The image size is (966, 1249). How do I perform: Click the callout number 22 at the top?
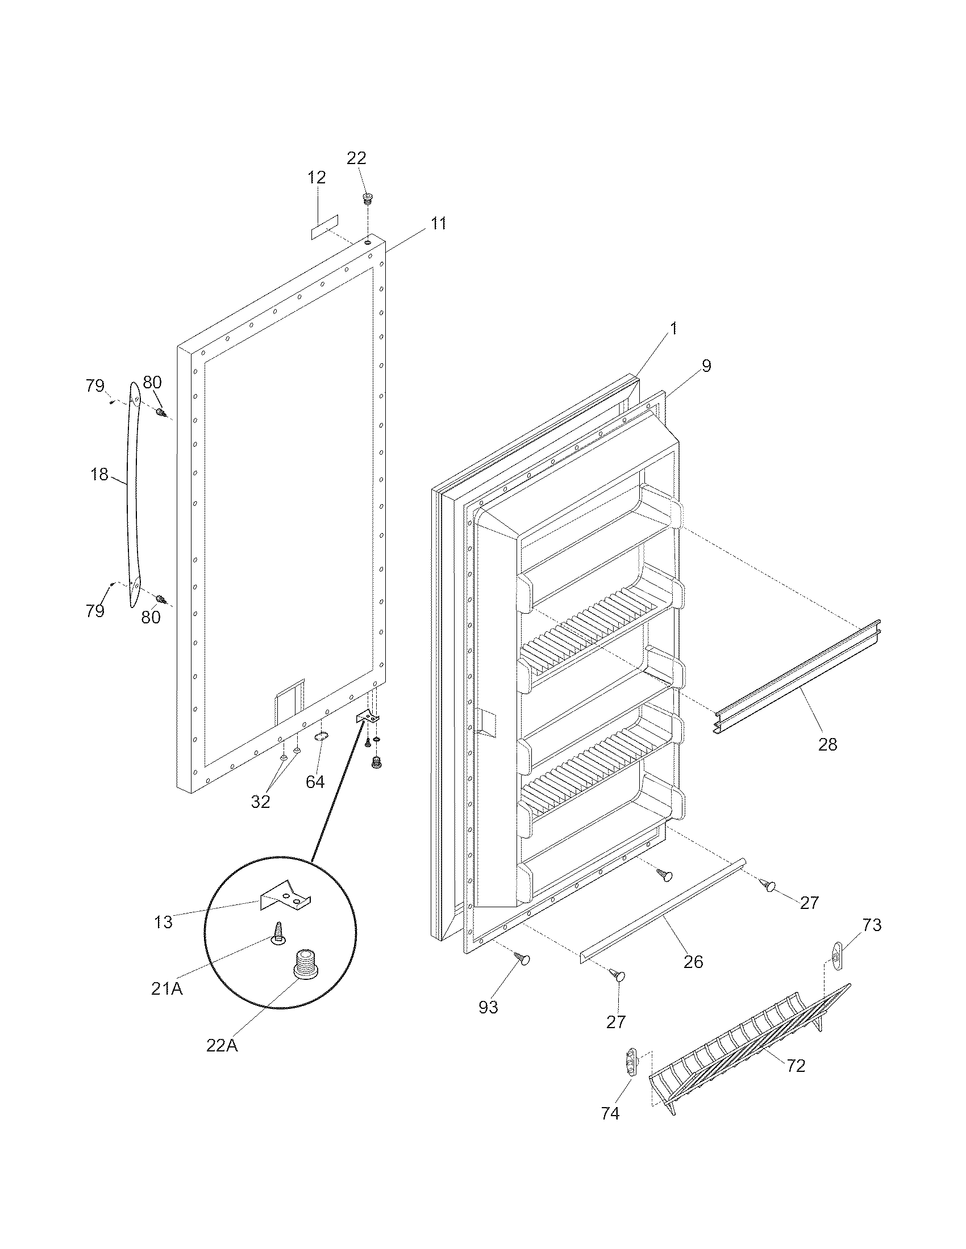[x=356, y=158]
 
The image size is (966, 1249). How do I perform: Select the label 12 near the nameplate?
[x=317, y=177]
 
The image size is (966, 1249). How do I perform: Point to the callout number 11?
[x=438, y=223]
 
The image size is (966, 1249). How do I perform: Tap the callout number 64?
[x=315, y=782]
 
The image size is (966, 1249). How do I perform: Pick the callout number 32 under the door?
[x=260, y=802]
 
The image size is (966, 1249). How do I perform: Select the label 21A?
[x=167, y=988]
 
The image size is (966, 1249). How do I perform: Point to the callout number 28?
[x=827, y=744]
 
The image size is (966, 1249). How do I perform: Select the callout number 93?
[x=488, y=1007]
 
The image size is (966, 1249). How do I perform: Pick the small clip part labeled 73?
[x=836, y=955]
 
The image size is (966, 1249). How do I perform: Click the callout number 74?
[x=610, y=1113]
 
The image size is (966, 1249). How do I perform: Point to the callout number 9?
[x=706, y=366]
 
